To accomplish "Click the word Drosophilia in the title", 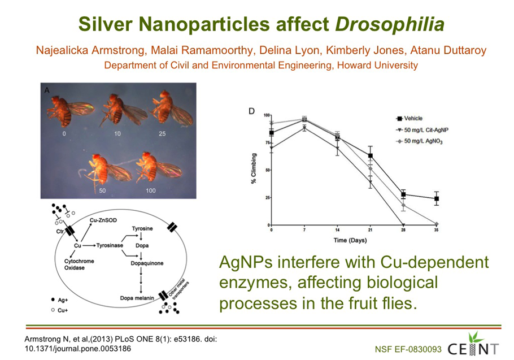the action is (390, 25).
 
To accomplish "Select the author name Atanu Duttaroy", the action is (448, 50).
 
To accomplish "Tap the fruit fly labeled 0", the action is (69, 111).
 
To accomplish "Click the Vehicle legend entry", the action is (410, 118).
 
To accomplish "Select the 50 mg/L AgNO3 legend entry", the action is (420, 141).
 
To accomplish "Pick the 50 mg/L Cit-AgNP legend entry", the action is (422, 130).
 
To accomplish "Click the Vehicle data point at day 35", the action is (436, 199).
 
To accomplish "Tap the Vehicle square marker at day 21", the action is (371, 156).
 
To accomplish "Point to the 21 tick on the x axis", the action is (370, 230).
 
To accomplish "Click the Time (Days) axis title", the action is (350, 240).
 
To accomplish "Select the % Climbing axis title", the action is (254, 168).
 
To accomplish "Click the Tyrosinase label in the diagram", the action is (110, 245).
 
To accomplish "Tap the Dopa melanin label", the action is (137, 298).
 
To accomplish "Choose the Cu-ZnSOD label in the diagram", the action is (103, 220).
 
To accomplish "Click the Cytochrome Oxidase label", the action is (79, 264).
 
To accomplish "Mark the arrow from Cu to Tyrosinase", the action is (89, 245).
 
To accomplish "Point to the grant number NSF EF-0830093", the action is (408, 349).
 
